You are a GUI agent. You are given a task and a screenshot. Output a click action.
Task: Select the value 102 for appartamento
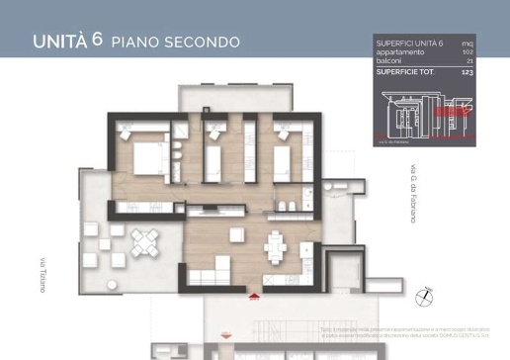[x=467, y=52]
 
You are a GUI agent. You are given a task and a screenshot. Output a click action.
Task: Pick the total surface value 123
[x=467, y=72]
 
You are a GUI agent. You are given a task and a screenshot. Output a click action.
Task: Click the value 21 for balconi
[x=468, y=61]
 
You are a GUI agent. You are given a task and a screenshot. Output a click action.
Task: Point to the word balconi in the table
[x=388, y=61]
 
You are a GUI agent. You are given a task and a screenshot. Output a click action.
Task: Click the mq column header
[x=467, y=44]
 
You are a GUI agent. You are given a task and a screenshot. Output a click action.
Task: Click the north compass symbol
[x=424, y=295]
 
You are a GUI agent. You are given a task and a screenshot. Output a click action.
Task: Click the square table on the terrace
[x=144, y=239]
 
